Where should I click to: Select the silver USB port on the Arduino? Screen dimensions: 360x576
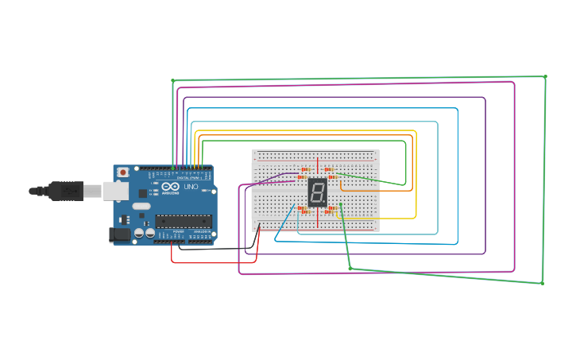click(116, 191)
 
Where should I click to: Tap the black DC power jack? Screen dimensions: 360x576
click(118, 234)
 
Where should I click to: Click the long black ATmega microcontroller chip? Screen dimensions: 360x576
click(183, 221)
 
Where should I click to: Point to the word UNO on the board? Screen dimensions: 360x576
click(191, 188)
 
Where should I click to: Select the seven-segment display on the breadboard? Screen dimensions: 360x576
click(317, 192)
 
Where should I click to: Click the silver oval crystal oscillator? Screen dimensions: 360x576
click(141, 207)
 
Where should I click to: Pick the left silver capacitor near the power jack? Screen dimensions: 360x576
click(139, 234)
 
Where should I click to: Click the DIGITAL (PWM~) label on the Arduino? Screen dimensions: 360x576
click(189, 177)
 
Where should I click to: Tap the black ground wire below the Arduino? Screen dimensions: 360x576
click(215, 249)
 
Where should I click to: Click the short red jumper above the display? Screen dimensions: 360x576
click(319, 165)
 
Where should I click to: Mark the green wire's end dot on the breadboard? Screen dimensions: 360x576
click(340, 204)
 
